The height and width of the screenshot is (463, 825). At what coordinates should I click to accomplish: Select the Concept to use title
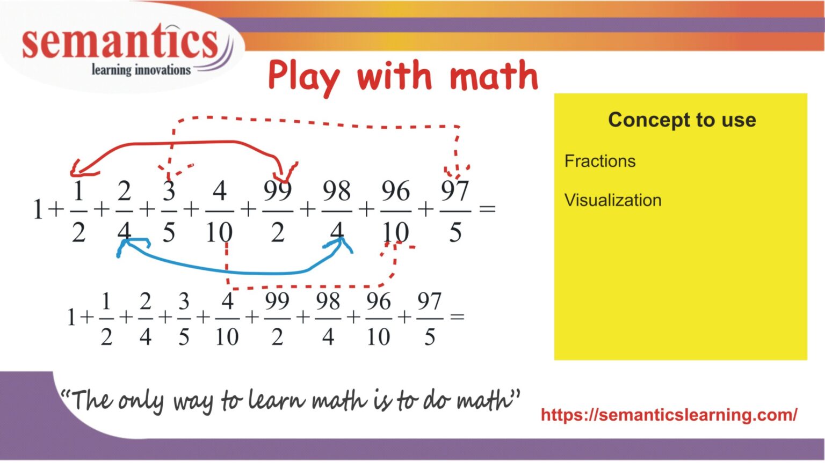tap(682, 120)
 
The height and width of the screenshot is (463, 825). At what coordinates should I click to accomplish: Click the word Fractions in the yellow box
tap(599, 161)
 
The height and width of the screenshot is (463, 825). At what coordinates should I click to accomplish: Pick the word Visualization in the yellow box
tap(612, 200)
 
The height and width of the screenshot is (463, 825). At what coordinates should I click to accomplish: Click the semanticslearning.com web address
tap(669, 415)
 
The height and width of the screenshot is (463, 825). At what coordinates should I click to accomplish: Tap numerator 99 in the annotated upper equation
tap(278, 191)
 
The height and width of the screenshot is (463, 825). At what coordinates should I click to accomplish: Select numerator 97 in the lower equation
tap(429, 302)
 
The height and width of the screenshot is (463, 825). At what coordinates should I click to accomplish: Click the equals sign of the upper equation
tap(487, 209)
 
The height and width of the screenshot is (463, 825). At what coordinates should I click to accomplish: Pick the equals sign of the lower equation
tap(457, 317)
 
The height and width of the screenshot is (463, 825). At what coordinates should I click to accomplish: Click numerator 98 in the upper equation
tap(336, 191)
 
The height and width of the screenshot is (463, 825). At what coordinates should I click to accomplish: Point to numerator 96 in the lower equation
tap(378, 302)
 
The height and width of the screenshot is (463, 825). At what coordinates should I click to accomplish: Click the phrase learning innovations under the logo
tap(141, 70)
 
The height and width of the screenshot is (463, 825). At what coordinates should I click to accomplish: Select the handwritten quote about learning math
tap(290, 400)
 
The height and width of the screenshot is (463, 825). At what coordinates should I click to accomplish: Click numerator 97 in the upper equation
tap(455, 191)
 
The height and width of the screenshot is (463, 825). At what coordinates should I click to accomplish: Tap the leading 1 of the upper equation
tap(38, 209)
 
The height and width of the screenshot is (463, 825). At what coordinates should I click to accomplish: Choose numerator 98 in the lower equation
tap(328, 302)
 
